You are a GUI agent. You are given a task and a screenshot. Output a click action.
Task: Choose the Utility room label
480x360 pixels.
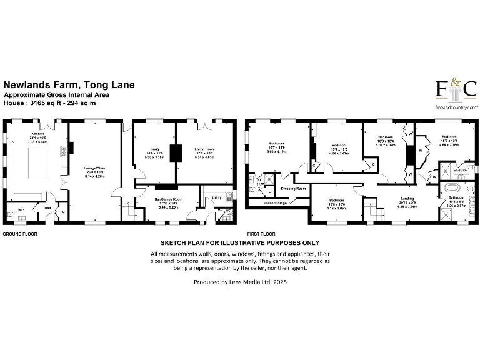pos(217,197)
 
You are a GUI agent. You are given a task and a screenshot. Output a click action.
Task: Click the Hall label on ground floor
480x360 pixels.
pos(46,209)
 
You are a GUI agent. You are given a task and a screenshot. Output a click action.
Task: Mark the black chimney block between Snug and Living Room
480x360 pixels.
pos(177,154)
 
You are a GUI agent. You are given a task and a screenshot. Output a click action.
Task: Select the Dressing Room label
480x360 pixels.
pos(292,188)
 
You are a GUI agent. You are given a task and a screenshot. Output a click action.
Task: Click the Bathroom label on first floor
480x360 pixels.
pos(456,197)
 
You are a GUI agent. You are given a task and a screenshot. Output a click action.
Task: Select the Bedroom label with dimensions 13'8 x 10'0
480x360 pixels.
pos(338,201)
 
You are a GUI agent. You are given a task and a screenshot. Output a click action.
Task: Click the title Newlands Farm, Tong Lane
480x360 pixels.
pos(69,84)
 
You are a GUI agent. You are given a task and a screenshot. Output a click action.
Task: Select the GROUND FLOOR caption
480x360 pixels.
pos(20,234)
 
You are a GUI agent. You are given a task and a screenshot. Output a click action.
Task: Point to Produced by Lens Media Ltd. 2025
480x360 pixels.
pos(240,282)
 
